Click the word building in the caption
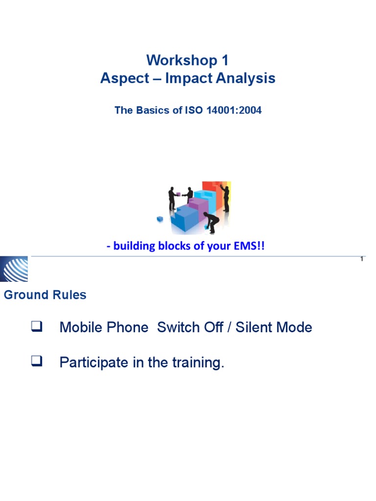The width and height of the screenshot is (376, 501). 131,246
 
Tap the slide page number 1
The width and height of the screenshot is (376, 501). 361,259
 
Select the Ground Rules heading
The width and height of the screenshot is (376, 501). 45,295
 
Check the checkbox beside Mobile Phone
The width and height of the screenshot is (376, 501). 37,327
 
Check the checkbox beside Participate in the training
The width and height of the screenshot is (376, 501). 37,362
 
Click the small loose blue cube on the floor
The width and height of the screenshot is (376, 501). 160,219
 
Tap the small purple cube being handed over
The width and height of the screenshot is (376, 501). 178,194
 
